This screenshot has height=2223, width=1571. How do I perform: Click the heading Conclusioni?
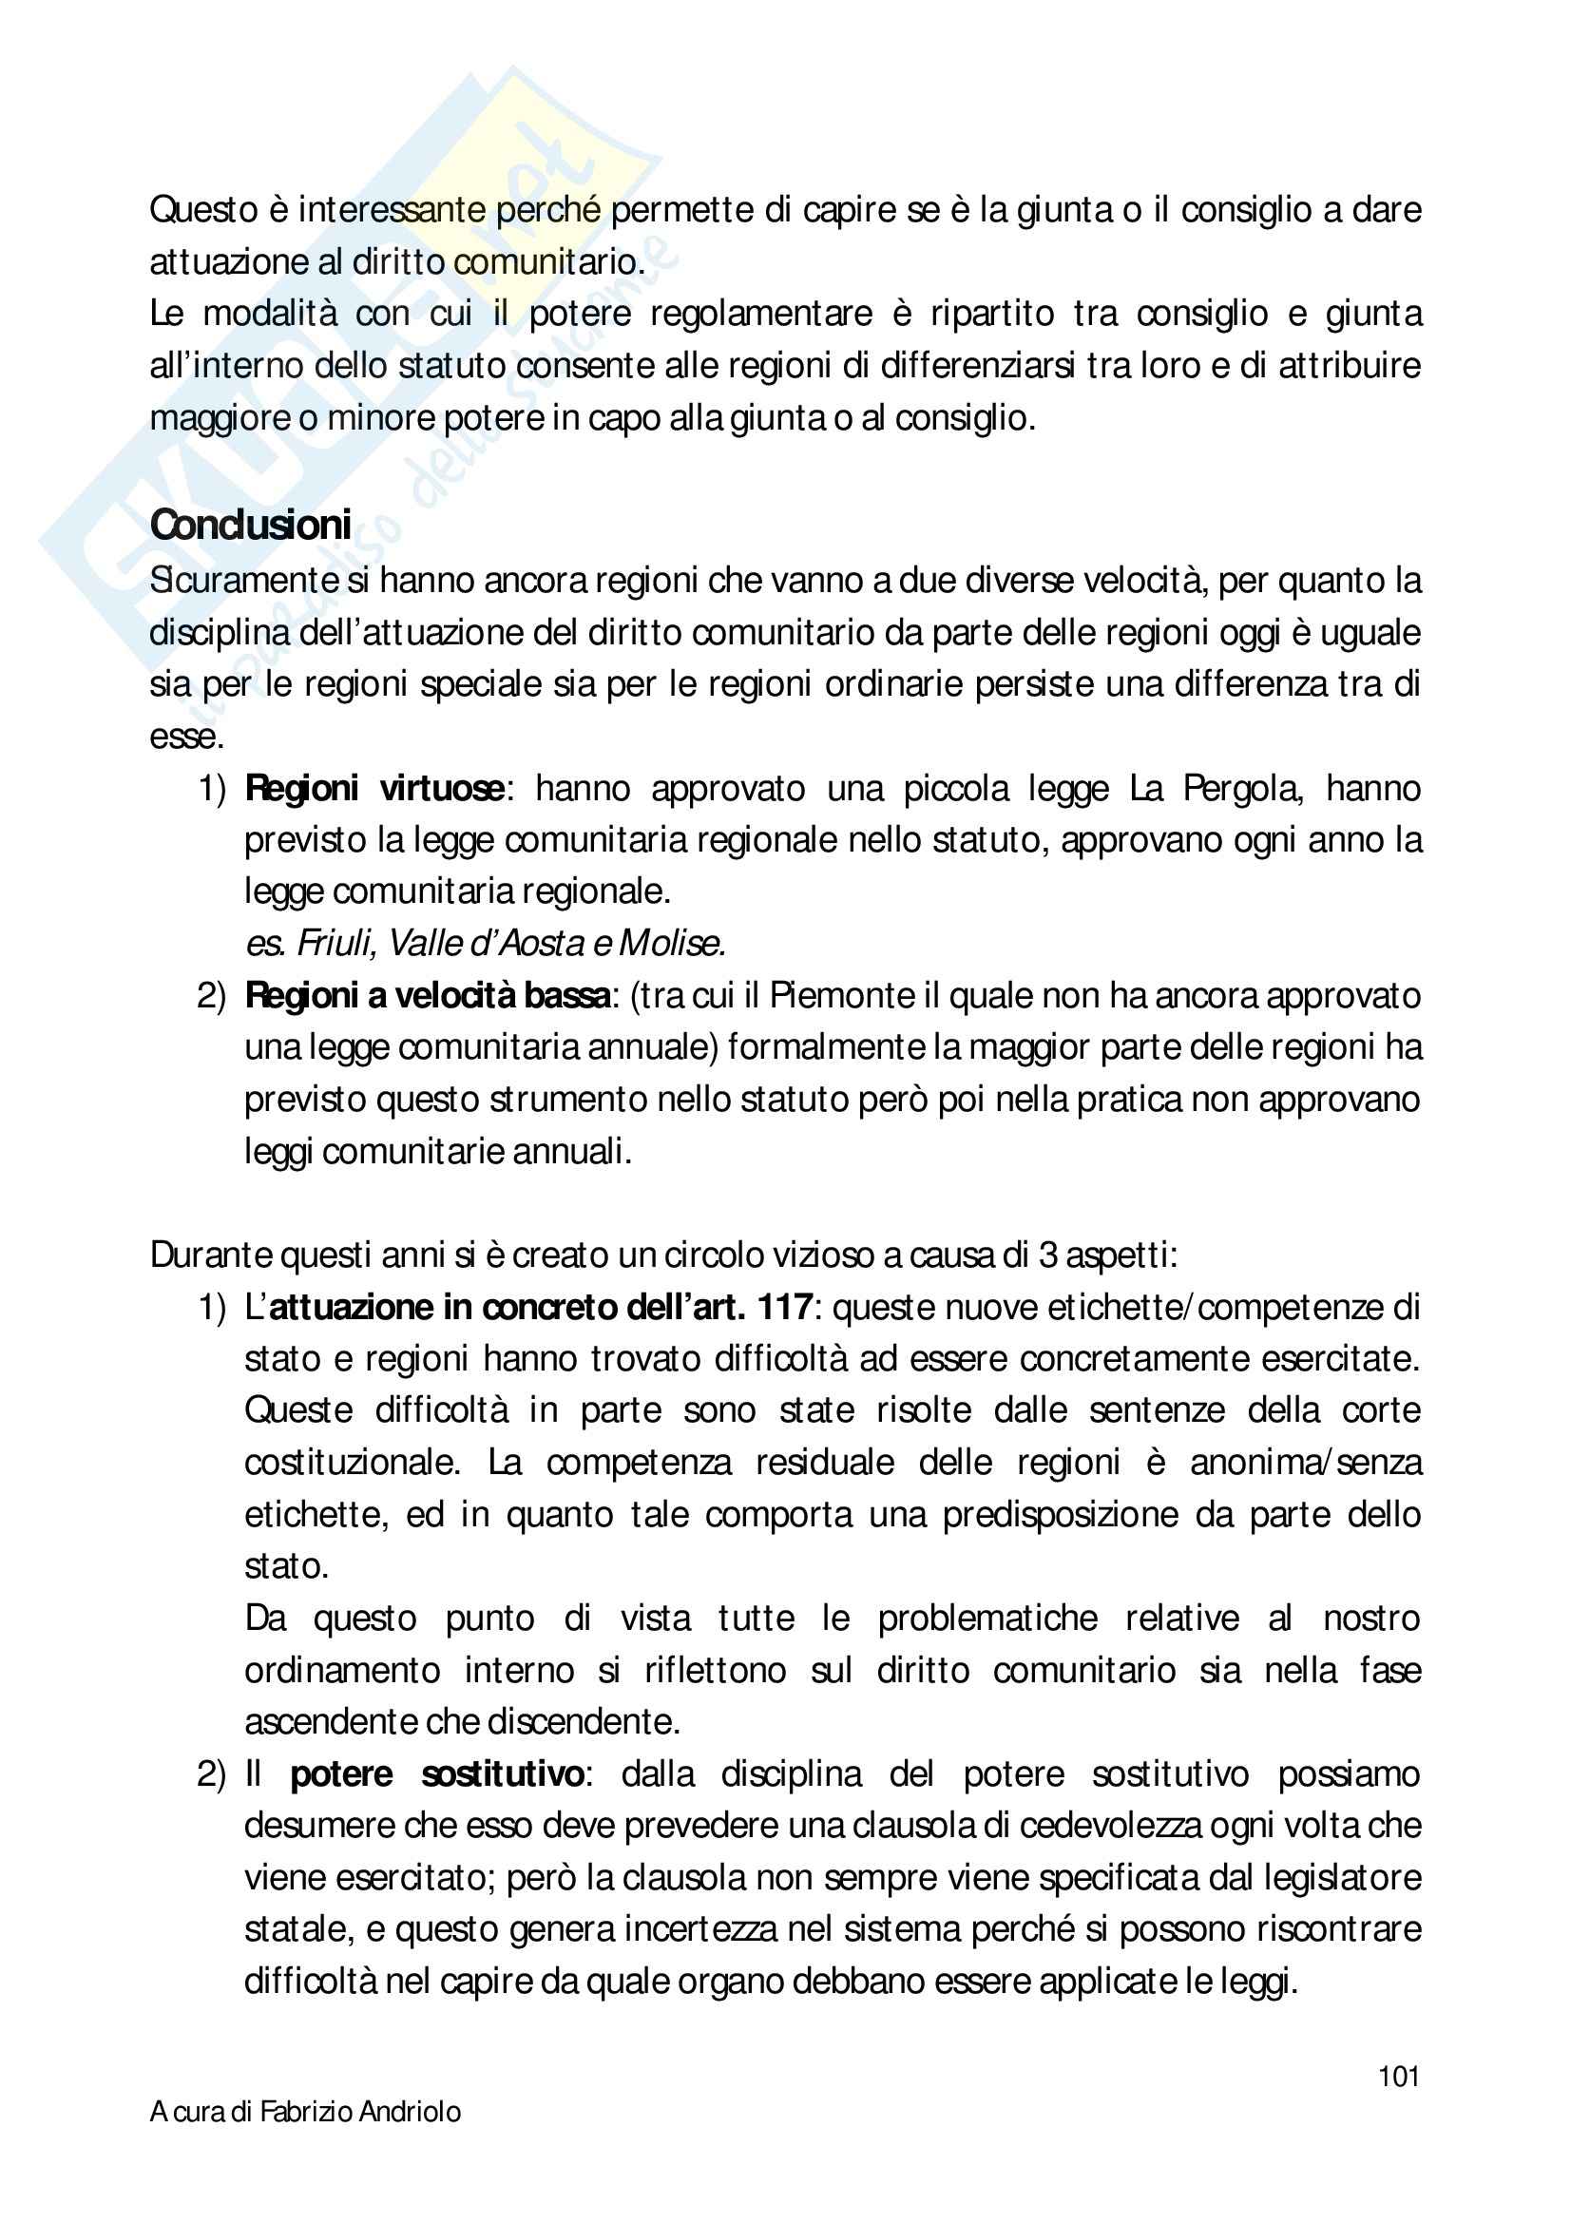pyautogui.click(x=251, y=526)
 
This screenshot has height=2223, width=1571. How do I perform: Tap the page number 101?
pyautogui.click(x=1399, y=2076)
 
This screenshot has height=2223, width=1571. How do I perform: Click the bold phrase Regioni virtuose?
pyautogui.click(x=374, y=789)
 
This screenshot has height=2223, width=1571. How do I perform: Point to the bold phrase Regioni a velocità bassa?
pyautogui.click(x=428, y=995)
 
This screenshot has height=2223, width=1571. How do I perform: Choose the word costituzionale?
pyautogui.click(x=352, y=1461)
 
